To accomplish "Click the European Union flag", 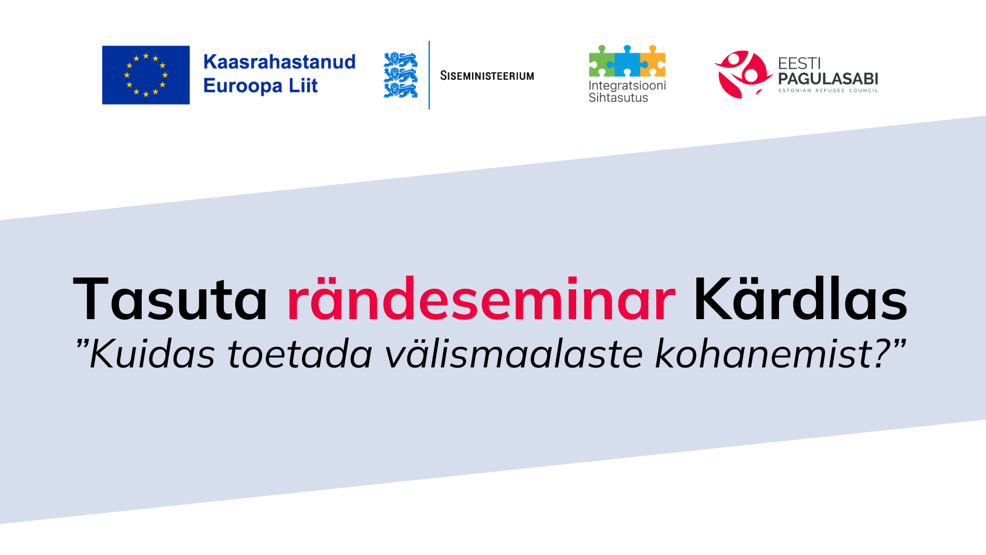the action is [146, 75].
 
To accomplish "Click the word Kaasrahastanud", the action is [279, 62].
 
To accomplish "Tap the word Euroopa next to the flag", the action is [242, 86].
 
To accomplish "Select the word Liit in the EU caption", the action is [304, 85].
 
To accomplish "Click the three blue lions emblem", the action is [401, 75].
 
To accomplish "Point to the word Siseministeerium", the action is [487, 76].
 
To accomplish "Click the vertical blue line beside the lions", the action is [429, 75].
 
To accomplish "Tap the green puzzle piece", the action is [601, 61].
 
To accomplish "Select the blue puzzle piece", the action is [627, 61].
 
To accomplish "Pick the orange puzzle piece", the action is [653, 61].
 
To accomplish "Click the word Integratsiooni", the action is [627, 86].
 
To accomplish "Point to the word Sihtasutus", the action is [618, 98].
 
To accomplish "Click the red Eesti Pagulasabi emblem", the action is [743, 75].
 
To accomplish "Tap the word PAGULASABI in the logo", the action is [828, 79].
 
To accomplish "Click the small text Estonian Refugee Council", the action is [828, 90].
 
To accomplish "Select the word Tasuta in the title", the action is [170, 299].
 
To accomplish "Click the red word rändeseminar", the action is [481, 299].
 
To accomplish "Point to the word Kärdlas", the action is [801, 298].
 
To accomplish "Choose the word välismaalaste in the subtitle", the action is [514, 354].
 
